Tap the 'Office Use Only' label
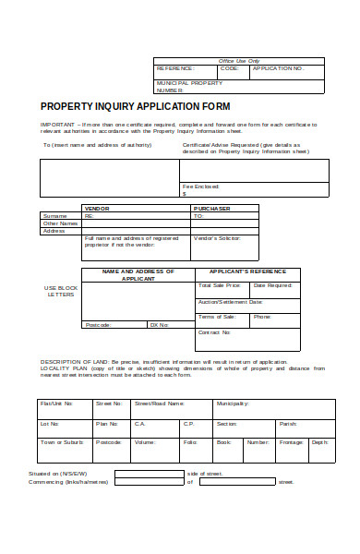(x=238, y=61)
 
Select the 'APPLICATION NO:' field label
(x=277, y=68)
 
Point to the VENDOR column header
(x=97, y=209)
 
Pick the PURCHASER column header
(x=211, y=209)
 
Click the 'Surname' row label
(x=55, y=216)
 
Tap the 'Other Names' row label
(x=60, y=223)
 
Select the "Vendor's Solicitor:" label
(x=217, y=238)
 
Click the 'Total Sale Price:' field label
(x=219, y=286)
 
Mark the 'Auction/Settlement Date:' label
(x=231, y=302)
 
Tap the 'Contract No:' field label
(x=215, y=331)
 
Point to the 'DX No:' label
(x=159, y=325)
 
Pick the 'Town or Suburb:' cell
(x=61, y=442)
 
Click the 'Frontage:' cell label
(x=292, y=442)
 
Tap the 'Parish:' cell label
(x=288, y=424)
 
